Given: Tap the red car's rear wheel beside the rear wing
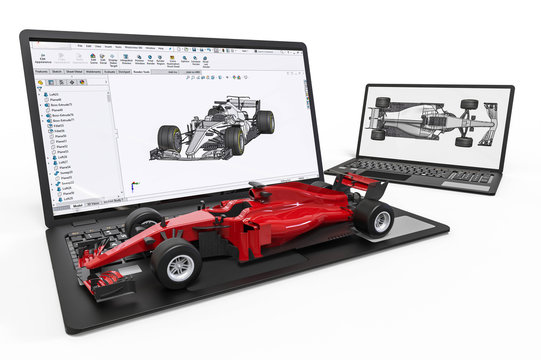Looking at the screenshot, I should (x=372, y=216).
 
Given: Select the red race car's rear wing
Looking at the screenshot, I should (x=360, y=183).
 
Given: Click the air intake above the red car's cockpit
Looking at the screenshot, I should (x=257, y=187).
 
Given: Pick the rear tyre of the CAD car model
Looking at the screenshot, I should (x=264, y=122).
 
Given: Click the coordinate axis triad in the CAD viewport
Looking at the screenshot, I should (x=133, y=186).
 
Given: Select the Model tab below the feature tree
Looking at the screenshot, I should (x=78, y=204).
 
